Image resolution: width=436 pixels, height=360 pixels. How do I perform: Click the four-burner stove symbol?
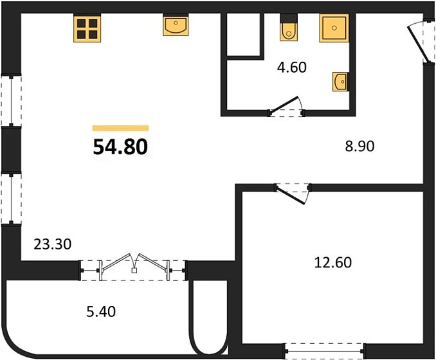pyautogui.click(x=87, y=28)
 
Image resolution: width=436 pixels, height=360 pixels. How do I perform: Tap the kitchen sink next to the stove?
pyautogui.click(x=176, y=25)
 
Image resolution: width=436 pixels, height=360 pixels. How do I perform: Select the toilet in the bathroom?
pyautogui.click(x=289, y=28)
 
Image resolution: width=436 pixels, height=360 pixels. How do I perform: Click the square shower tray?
pyautogui.click(x=334, y=28)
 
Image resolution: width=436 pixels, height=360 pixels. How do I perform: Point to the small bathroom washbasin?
pyautogui.click(x=340, y=82)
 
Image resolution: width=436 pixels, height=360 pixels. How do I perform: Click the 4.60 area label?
pyautogui.click(x=292, y=67)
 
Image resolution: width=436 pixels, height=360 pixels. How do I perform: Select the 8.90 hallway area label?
pyautogui.click(x=359, y=146)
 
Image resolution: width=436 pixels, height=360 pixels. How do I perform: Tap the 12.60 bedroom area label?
pyautogui.click(x=333, y=262)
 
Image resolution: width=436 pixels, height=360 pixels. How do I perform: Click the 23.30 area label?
pyautogui.click(x=53, y=244)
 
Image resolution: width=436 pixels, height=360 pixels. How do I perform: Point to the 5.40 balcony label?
pyautogui.click(x=101, y=312)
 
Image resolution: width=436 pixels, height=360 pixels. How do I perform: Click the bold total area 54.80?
pyautogui.click(x=120, y=147)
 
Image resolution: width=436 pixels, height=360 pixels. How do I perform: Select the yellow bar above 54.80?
pyautogui.click(x=121, y=128)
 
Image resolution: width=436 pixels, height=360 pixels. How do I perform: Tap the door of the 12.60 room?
pyautogui.click(x=292, y=194)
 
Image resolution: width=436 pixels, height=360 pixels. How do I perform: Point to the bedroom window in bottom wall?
pyautogui.click(x=324, y=352)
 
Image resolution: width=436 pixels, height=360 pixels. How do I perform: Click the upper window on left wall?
pyautogui.click(x=11, y=101)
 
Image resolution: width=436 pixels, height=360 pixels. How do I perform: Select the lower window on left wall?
pyautogui.click(x=11, y=199)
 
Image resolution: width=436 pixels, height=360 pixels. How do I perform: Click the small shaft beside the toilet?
pyautogui.click(x=243, y=34)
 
